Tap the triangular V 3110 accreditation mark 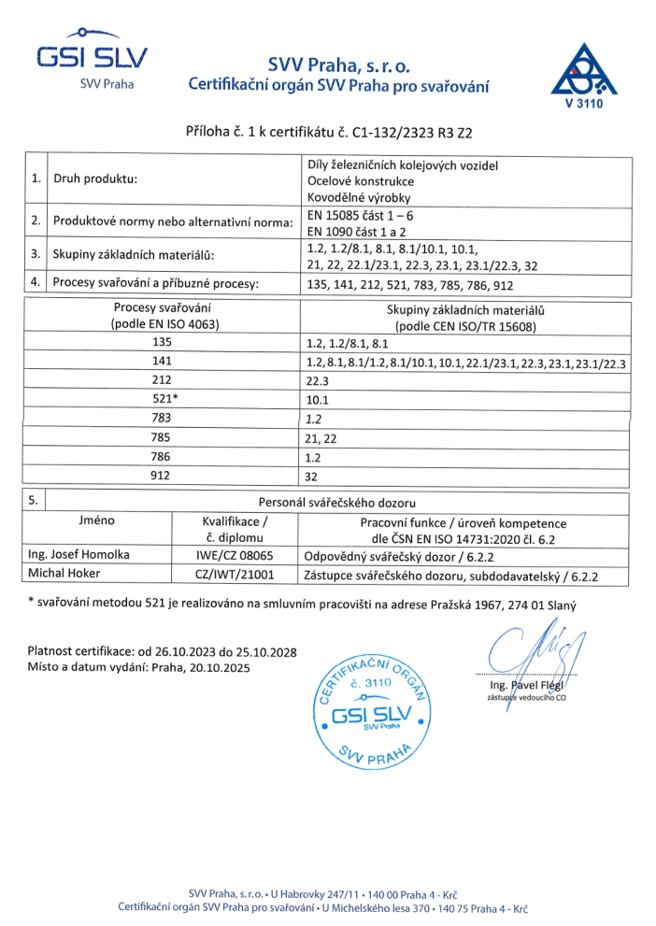(584, 75)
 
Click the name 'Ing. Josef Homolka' (79, 554)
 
